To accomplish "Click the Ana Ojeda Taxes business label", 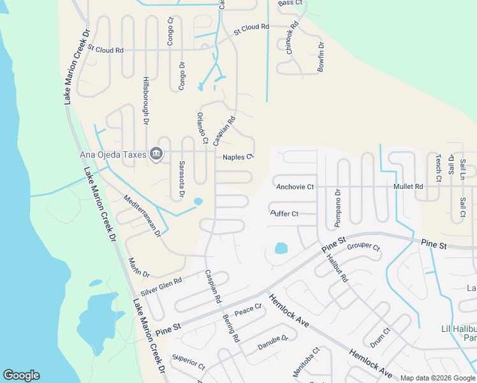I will (x=112, y=154).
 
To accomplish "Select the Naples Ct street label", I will (x=238, y=156).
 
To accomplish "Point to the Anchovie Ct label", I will (x=295, y=186).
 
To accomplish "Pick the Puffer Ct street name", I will (x=284, y=213).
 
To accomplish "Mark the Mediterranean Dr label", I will (x=142, y=216).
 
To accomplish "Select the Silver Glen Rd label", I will (x=161, y=285).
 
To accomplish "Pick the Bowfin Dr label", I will (x=321, y=56).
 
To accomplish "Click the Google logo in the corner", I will (x=21, y=375).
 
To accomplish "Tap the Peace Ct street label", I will (x=248, y=310).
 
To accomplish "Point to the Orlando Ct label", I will (x=202, y=128).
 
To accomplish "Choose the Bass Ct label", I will (x=290, y=3).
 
